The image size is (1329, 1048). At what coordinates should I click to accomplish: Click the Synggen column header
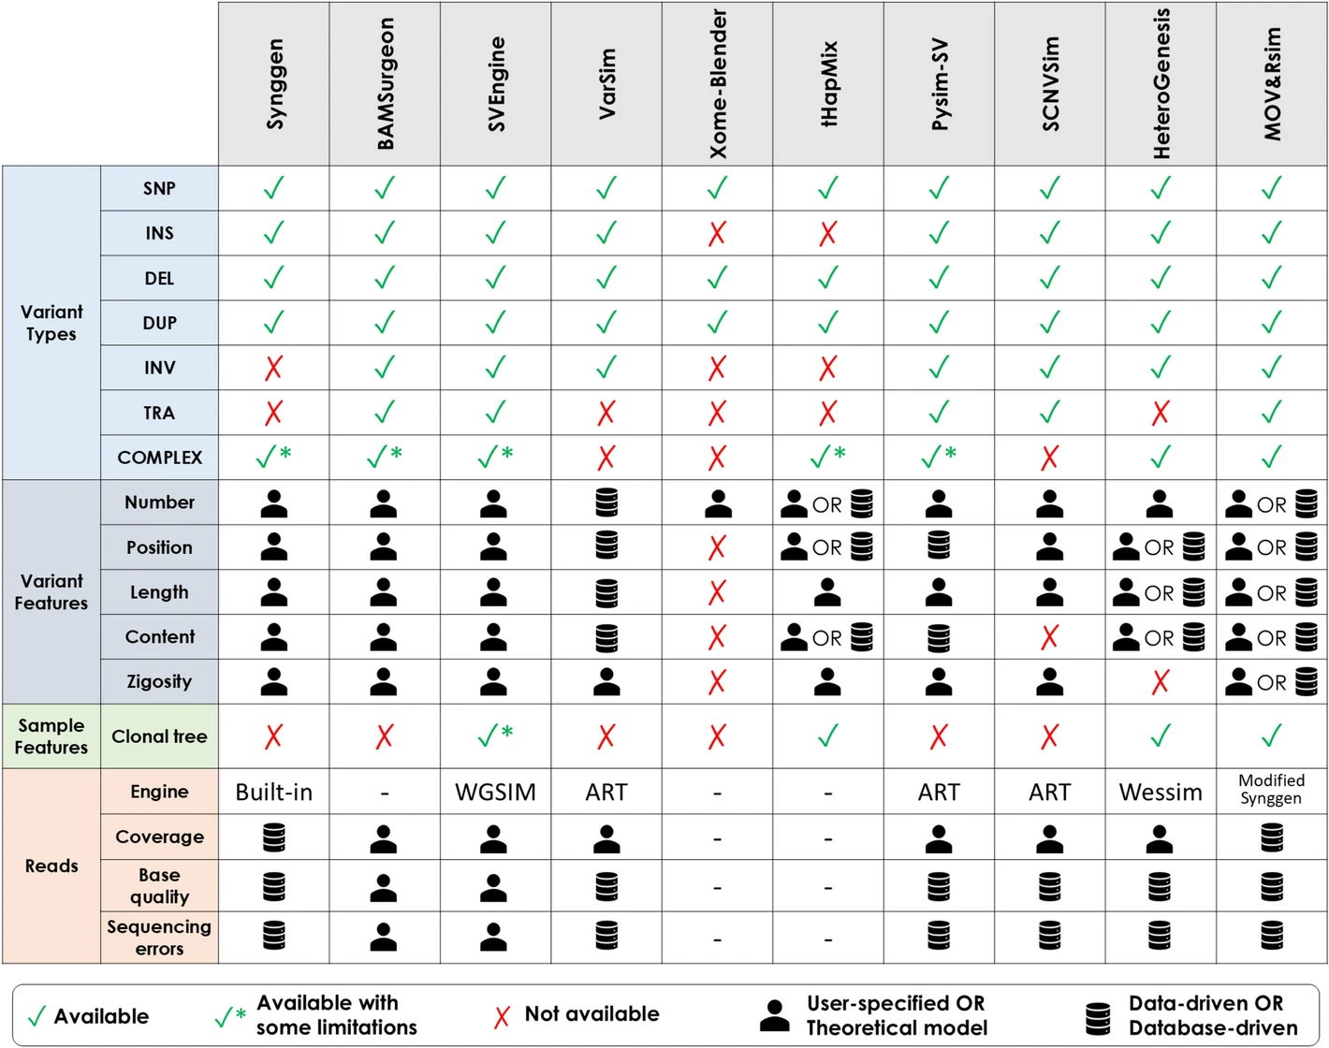coord(274,84)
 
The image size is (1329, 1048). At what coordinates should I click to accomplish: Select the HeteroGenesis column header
coord(1161,84)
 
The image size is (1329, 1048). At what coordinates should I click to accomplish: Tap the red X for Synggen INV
coord(273,368)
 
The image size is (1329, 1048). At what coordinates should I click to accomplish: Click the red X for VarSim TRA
coord(606,413)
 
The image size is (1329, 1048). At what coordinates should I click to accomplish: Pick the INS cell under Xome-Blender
coord(717,233)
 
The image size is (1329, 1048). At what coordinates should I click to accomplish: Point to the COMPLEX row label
coord(159,458)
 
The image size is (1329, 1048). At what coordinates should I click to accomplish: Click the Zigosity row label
coord(159,681)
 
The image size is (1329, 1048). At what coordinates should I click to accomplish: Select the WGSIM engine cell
coord(495,793)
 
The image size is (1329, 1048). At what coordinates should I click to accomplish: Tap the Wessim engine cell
coord(1161,793)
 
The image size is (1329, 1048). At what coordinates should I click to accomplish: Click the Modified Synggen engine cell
coord(1271,789)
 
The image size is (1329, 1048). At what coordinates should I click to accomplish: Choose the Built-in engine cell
coord(273,793)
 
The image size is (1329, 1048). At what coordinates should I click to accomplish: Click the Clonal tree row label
coord(159,736)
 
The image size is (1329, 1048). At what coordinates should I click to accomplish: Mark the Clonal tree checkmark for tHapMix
coord(827,736)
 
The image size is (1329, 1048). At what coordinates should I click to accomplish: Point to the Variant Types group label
coord(51,323)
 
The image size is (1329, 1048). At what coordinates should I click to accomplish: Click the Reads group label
coord(51,866)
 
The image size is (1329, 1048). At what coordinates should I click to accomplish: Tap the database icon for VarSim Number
coord(606,502)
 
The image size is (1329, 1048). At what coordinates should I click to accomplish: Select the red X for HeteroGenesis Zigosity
coord(1161,682)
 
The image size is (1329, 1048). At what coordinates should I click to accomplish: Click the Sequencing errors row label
coord(159,937)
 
